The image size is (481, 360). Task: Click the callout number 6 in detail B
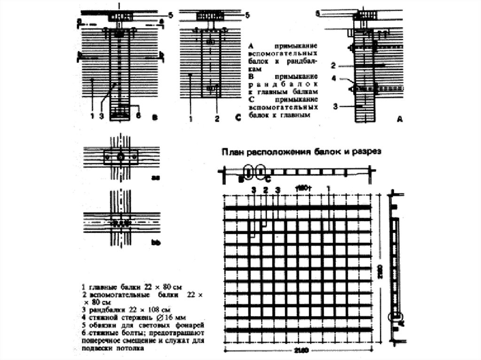point(138,115)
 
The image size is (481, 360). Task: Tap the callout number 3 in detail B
point(101,116)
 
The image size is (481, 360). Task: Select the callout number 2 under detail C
point(217,119)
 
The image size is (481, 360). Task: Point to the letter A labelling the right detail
point(400,120)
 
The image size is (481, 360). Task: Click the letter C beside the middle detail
point(237,119)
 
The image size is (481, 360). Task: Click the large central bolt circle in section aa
point(121,157)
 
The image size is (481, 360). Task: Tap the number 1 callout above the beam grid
point(328,188)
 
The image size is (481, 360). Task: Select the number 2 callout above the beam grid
point(265,190)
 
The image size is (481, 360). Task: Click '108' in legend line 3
point(155,310)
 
